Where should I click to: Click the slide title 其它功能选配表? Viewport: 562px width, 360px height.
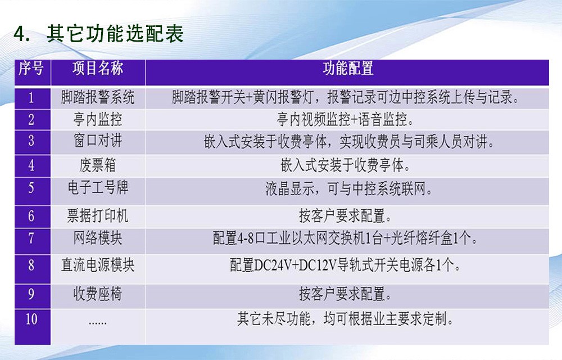(x=115, y=34)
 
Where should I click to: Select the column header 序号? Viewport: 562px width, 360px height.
(x=31, y=68)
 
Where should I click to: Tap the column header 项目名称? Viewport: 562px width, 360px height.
(x=98, y=68)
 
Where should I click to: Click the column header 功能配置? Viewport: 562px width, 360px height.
(x=348, y=68)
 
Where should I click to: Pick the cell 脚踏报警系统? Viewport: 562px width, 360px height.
(x=98, y=97)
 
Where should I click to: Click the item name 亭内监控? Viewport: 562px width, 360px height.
(x=98, y=119)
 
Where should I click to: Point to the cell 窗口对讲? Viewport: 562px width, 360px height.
(x=98, y=141)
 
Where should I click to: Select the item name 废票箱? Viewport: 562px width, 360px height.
(x=98, y=165)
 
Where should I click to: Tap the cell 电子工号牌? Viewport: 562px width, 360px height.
(x=98, y=187)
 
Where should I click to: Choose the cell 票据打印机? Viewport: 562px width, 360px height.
(x=98, y=216)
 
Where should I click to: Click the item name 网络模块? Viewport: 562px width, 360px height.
(x=98, y=238)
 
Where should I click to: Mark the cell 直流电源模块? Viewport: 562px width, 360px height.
(x=98, y=265)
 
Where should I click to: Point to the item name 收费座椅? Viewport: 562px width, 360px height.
(x=98, y=294)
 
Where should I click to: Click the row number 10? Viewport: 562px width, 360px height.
(x=31, y=319)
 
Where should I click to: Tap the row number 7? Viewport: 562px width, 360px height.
(x=31, y=238)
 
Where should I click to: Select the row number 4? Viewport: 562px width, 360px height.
(x=31, y=165)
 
